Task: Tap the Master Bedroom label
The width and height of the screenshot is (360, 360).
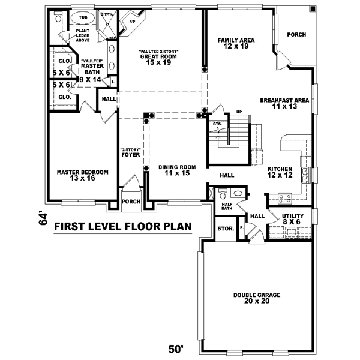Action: pyautogui.click(x=83, y=175)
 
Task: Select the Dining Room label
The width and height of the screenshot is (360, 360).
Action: pyautogui.click(x=178, y=170)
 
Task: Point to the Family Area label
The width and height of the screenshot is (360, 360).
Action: pyautogui.click(x=236, y=43)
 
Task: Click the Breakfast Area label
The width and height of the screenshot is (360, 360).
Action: pyautogui.click(x=284, y=104)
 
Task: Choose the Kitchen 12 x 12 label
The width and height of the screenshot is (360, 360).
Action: pyautogui.click(x=280, y=172)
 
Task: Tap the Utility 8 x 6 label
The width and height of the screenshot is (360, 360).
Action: pyautogui.click(x=292, y=219)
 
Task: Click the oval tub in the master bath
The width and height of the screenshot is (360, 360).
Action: pyautogui.click(x=83, y=18)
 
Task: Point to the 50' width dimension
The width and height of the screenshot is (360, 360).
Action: pyautogui.click(x=175, y=348)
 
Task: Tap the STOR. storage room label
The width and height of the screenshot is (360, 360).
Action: pyautogui.click(x=225, y=229)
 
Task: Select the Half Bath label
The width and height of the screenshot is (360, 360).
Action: pyautogui.click(x=227, y=207)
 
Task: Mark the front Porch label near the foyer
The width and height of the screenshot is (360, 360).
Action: pyautogui.click(x=131, y=202)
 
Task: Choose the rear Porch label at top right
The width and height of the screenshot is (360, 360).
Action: pyautogui.click(x=296, y=35)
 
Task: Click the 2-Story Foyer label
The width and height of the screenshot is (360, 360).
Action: pyautogui.click(x=130, y=152)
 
